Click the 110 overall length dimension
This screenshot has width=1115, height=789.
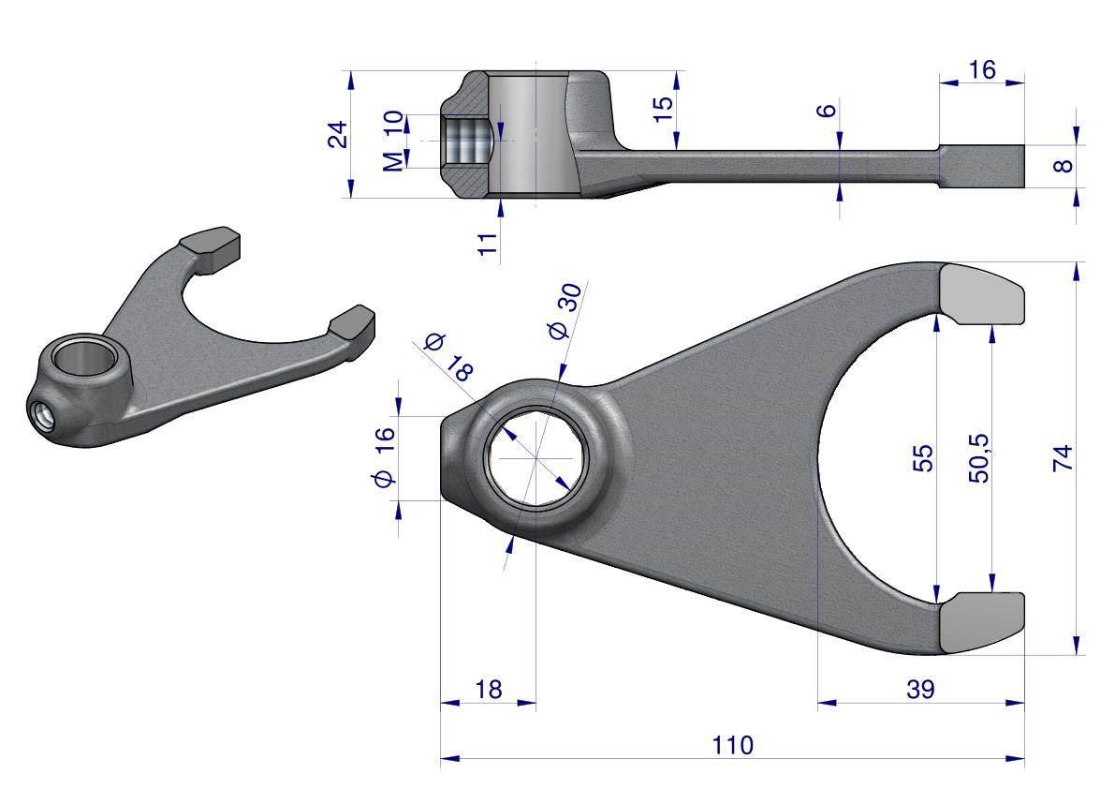[732, 745]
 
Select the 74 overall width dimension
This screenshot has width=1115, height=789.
[1063, 457]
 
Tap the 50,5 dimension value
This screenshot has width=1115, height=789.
[979, 458]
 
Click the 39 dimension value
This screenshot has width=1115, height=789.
[920, 689]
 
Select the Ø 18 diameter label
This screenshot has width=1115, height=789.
[448, 357]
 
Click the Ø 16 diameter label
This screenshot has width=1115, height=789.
[383, 457]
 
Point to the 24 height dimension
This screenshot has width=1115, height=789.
[338, 134]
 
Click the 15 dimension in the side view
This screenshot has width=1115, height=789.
[662, 109]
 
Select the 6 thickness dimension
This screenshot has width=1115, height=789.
[827, 111]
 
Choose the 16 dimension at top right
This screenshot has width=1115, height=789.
[981, 69]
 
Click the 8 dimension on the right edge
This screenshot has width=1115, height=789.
[1063, 166]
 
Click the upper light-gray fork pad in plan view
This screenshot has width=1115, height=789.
[983, 292]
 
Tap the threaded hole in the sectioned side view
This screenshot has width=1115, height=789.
[465, 141]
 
